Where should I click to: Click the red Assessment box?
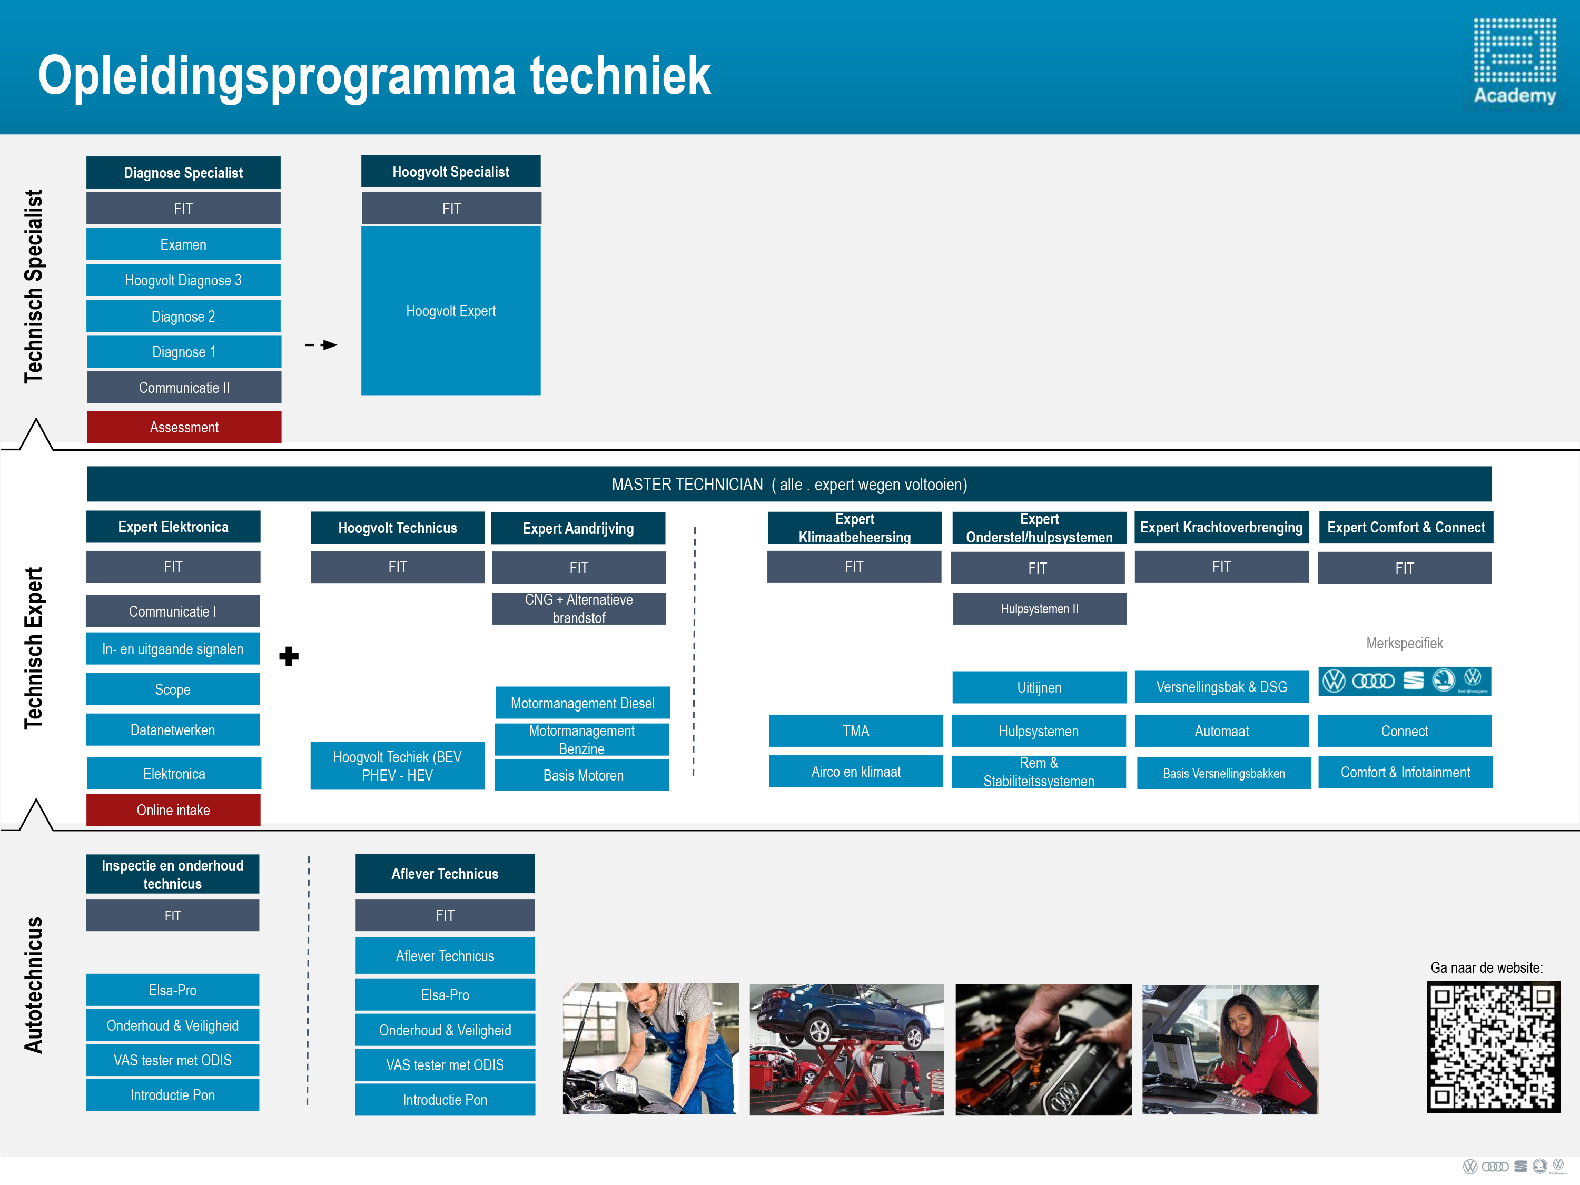click(184, 427)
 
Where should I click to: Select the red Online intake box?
click(174, 810)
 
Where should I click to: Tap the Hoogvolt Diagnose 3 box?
click(184, 280)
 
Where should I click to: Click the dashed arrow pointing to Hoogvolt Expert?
click(321, 345)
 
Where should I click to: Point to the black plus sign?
click(289, 656)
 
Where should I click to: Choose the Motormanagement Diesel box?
click(583, 703)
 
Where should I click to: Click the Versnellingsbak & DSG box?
click(1221, 686)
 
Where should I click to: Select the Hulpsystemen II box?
click(1039, 609)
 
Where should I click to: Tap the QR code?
click(1494, 1046)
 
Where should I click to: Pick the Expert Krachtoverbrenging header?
click(1221, 527)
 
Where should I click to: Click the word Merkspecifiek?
click(1404, 643)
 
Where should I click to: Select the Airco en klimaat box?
click(856, 772)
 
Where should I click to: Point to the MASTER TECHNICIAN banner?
click(789, 485)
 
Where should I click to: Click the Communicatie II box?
click(184, 387)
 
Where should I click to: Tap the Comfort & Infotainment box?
click(1405, 772)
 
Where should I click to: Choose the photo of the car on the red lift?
click(846, 1049)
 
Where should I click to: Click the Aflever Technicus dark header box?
click(445, 874)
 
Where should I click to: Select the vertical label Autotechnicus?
click(34, 985)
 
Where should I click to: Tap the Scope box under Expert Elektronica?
click(173, 689)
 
